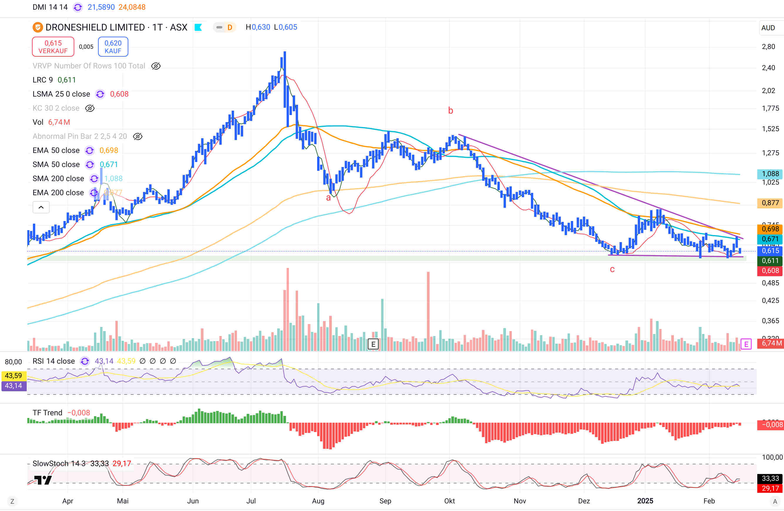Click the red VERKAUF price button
coord(53,47)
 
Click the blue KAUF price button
coord(113,47)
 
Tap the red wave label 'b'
coord(450,111)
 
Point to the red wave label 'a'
coord(328,198)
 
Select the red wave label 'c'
coord(612,269)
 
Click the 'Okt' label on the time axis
coord(449,501)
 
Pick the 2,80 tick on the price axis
coord(768,47)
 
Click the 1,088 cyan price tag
coord(770,174)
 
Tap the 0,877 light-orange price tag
coord(770,203)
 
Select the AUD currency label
coord(768,28)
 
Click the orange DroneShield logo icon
coord(38,27)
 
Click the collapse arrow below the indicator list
coord(41,208)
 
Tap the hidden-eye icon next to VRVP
coord(156,66)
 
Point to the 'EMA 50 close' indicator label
coord(56,151)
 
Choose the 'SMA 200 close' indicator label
coord(58,178)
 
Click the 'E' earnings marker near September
coord(373,344)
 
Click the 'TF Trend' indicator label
coord(48,413)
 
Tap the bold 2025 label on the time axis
coord(645,501)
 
